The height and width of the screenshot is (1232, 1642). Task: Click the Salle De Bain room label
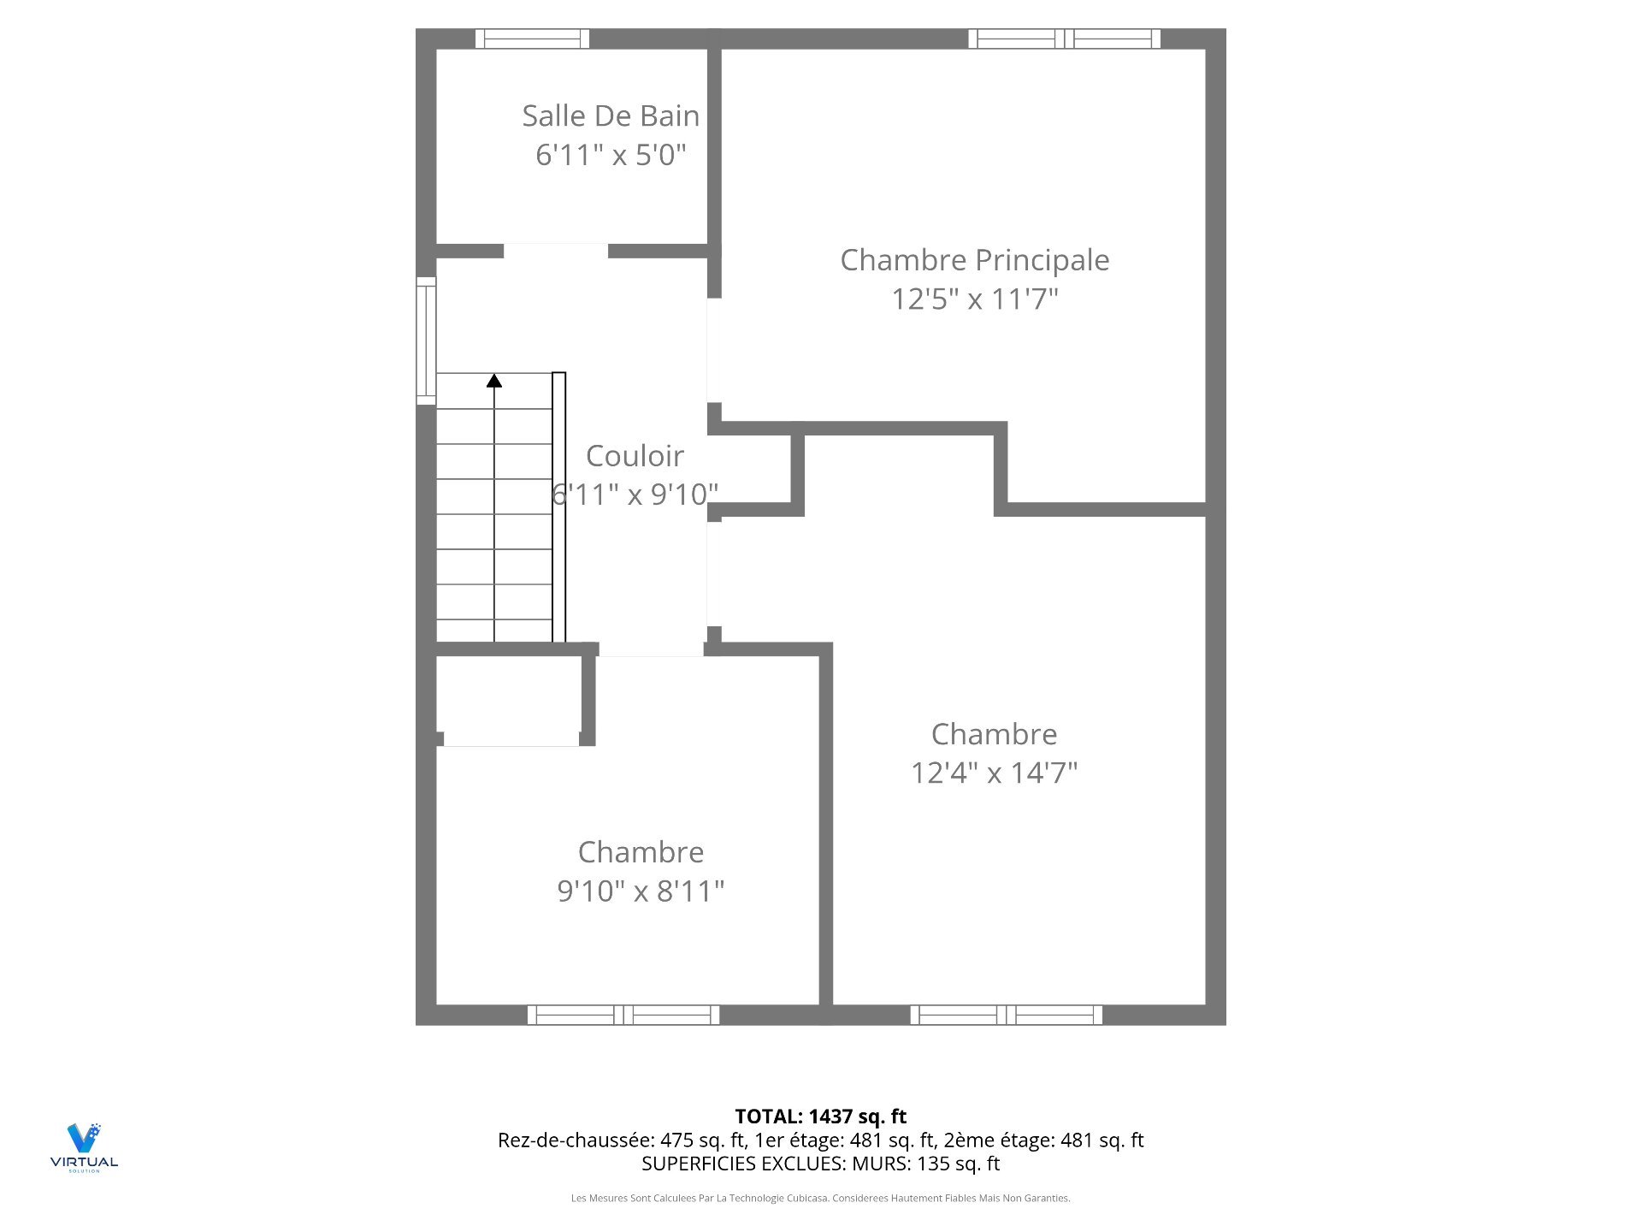tap(611, 115)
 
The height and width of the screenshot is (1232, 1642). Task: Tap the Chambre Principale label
tap(975, 261)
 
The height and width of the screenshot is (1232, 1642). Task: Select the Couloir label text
tap(635, 456)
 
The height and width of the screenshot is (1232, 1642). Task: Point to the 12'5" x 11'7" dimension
tap(975, 299)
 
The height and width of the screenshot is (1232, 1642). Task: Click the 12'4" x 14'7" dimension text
tap(994, 773)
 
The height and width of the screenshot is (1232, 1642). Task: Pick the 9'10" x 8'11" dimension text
tap(641, 891)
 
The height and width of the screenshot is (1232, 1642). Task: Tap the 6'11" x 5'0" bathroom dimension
tap(611, 155)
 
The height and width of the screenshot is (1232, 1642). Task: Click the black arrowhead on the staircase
tap(494, 380)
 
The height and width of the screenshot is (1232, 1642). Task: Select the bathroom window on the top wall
tap(532, 38)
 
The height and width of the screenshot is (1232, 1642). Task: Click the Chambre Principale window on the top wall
tap(1065, 38)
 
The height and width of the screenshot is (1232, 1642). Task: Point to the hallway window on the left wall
tap(426, 341)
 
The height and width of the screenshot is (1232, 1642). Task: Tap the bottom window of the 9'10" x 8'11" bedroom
tap(623, 1015)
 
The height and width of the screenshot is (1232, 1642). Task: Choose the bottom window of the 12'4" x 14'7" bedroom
tap(1007, 1015)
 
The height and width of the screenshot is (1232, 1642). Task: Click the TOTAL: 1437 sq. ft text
tap(821, 1116)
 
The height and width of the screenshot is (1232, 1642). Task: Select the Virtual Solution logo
tap(84, 1147)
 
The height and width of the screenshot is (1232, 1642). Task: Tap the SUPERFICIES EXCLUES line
tap(821, 1164)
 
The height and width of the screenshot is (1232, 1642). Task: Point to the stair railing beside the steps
tap(559, 507)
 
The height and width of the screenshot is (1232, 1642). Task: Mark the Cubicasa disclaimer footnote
tap(821, 1199)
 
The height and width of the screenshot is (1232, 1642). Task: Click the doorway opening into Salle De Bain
tap(556, 251)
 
